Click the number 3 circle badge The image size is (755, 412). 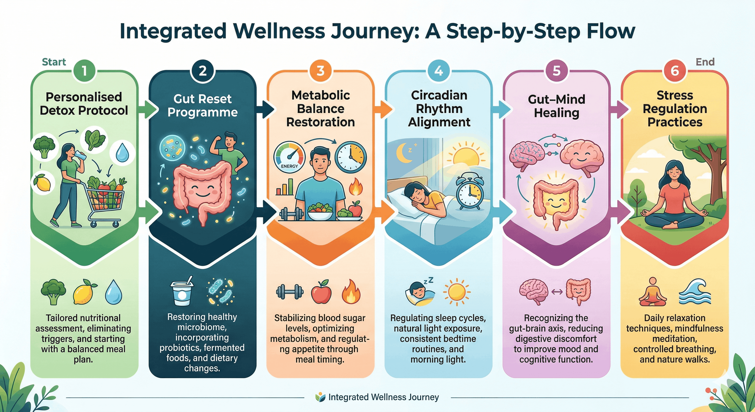(320, 71)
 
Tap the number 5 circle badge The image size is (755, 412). (556, 71)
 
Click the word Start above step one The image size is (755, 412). (54, 62)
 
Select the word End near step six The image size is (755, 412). (705, 62)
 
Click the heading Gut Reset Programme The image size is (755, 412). (202, 106)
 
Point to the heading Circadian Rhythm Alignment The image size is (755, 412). (439, 108)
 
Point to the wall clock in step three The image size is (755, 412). (350, 156)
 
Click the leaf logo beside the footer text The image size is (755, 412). (320, 397)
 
